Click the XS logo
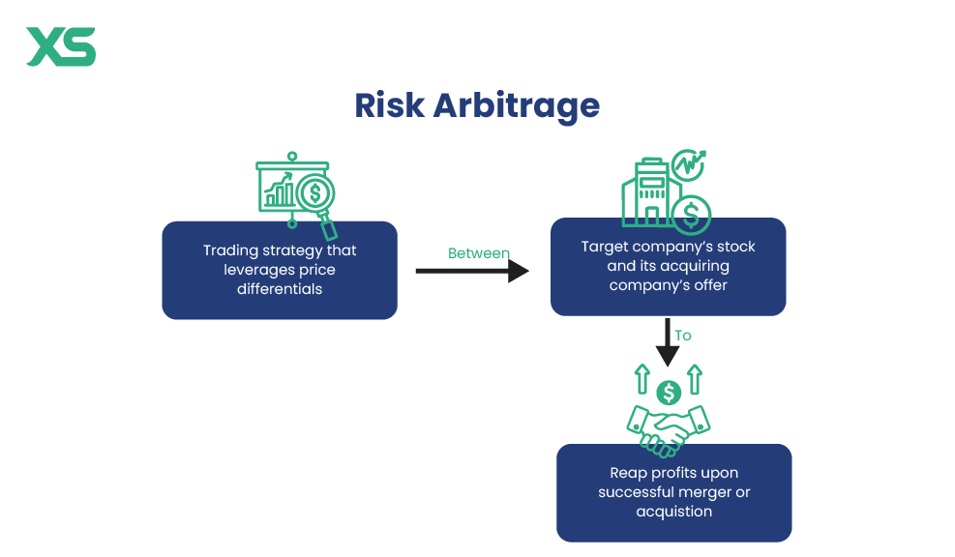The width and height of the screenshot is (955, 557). coord(61,46)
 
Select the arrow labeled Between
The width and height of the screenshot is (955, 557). coord(472,271)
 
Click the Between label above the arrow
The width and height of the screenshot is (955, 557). coord(478,253)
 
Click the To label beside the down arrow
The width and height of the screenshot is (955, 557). coord(683,336)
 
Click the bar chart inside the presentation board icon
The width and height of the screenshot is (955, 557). coord(279,192)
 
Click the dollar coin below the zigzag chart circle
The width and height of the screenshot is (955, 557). coord(691,214)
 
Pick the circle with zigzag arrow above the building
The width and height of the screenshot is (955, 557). coord(689,166)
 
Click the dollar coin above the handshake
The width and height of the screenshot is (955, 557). coord(668,393)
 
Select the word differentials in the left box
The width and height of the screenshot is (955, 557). coord(280,288)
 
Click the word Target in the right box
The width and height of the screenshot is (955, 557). coord(605,247)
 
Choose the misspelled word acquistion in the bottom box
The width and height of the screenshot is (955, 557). coord(673,512)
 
